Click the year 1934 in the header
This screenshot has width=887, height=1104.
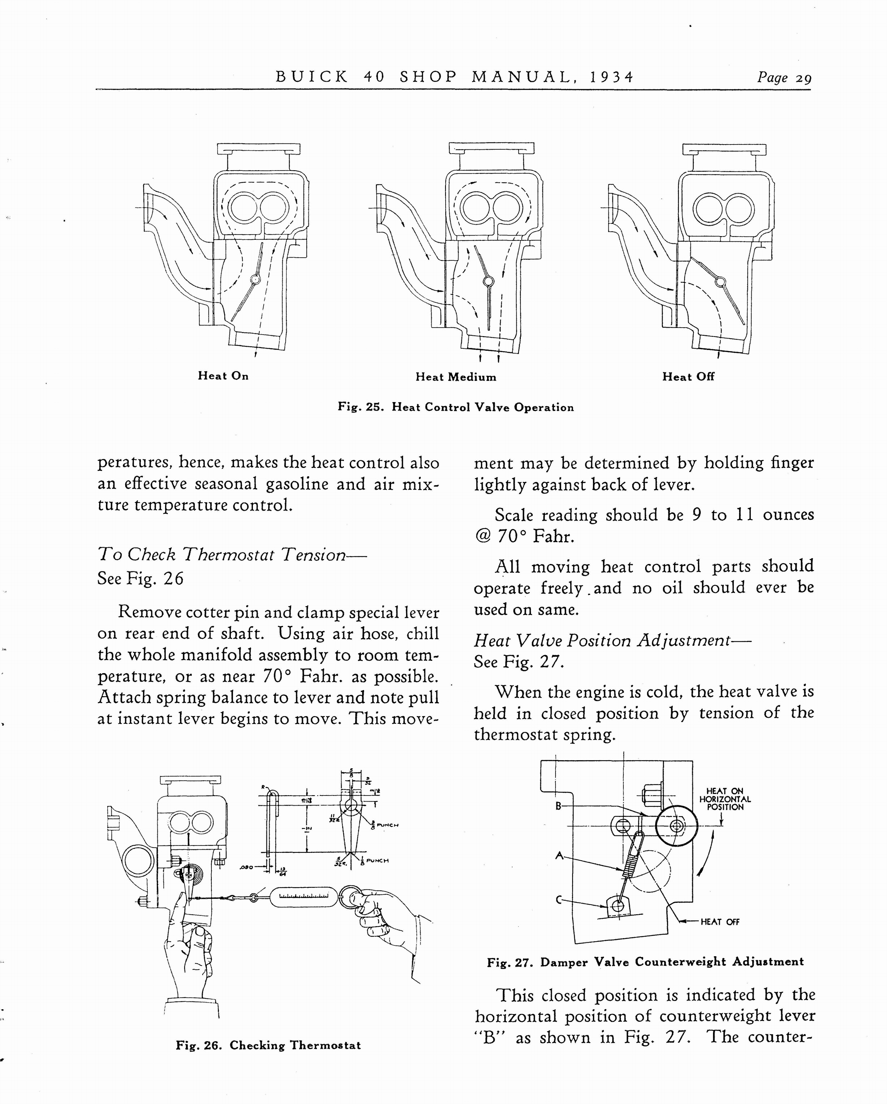(x=611, y=77)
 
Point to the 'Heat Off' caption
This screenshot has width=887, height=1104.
(x=688, y=377)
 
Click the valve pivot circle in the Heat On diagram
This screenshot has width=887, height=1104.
(x=255, y=279)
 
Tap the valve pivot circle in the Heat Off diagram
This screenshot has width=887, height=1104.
(x=720, y=281)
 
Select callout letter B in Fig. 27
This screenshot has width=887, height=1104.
(x=559, y=806)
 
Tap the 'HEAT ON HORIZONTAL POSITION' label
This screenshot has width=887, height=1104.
(x=725, y=799)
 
